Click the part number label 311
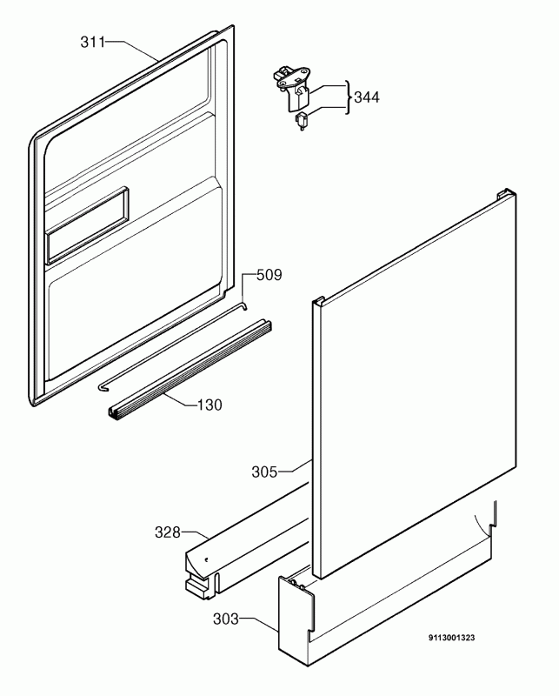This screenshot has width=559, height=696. coord(93,42)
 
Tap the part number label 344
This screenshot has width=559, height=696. coord(367,97)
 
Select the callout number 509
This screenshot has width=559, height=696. coord(270,275)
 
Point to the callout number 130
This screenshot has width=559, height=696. coord(210,405)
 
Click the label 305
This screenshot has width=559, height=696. coord(264,472)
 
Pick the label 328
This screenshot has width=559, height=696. coord(168,532)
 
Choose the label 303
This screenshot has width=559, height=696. coord(226,619)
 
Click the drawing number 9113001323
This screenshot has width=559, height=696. coord(452,638)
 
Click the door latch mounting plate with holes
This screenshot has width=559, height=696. coord(295,76)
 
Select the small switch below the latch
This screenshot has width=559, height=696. coord(302,122)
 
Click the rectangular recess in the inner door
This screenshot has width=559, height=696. coord(88,225)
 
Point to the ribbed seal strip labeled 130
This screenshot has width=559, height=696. coord(190,369)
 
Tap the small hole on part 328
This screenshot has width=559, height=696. coord(206,559)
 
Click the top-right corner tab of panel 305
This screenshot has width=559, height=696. coord(507,192)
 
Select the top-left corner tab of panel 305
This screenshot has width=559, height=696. coord(318,301)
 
